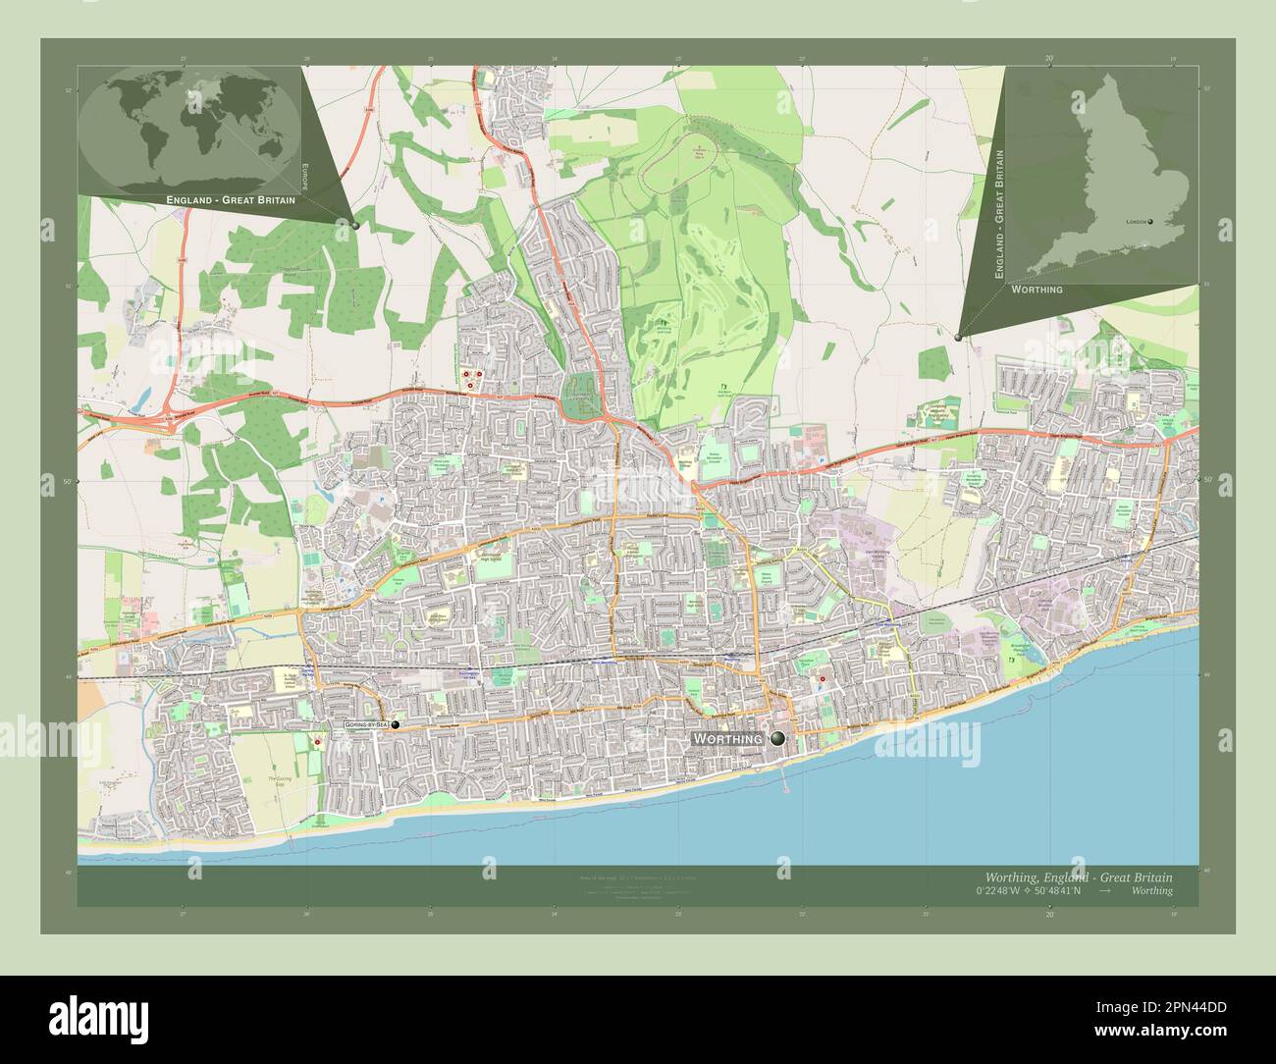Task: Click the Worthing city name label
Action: click(x=727, y=738)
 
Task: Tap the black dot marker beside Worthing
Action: click(x=778, y=738)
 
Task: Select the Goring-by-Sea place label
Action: click(x=366, y=724)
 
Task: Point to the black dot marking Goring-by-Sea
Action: click(x=396, y=724)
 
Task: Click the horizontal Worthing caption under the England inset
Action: click(x=1032, y=291)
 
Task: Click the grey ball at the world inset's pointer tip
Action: click(x=354, y=225)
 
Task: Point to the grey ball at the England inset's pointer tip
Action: click(x=958, y=337)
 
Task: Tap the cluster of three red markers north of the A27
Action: click(x=472, y=378)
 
